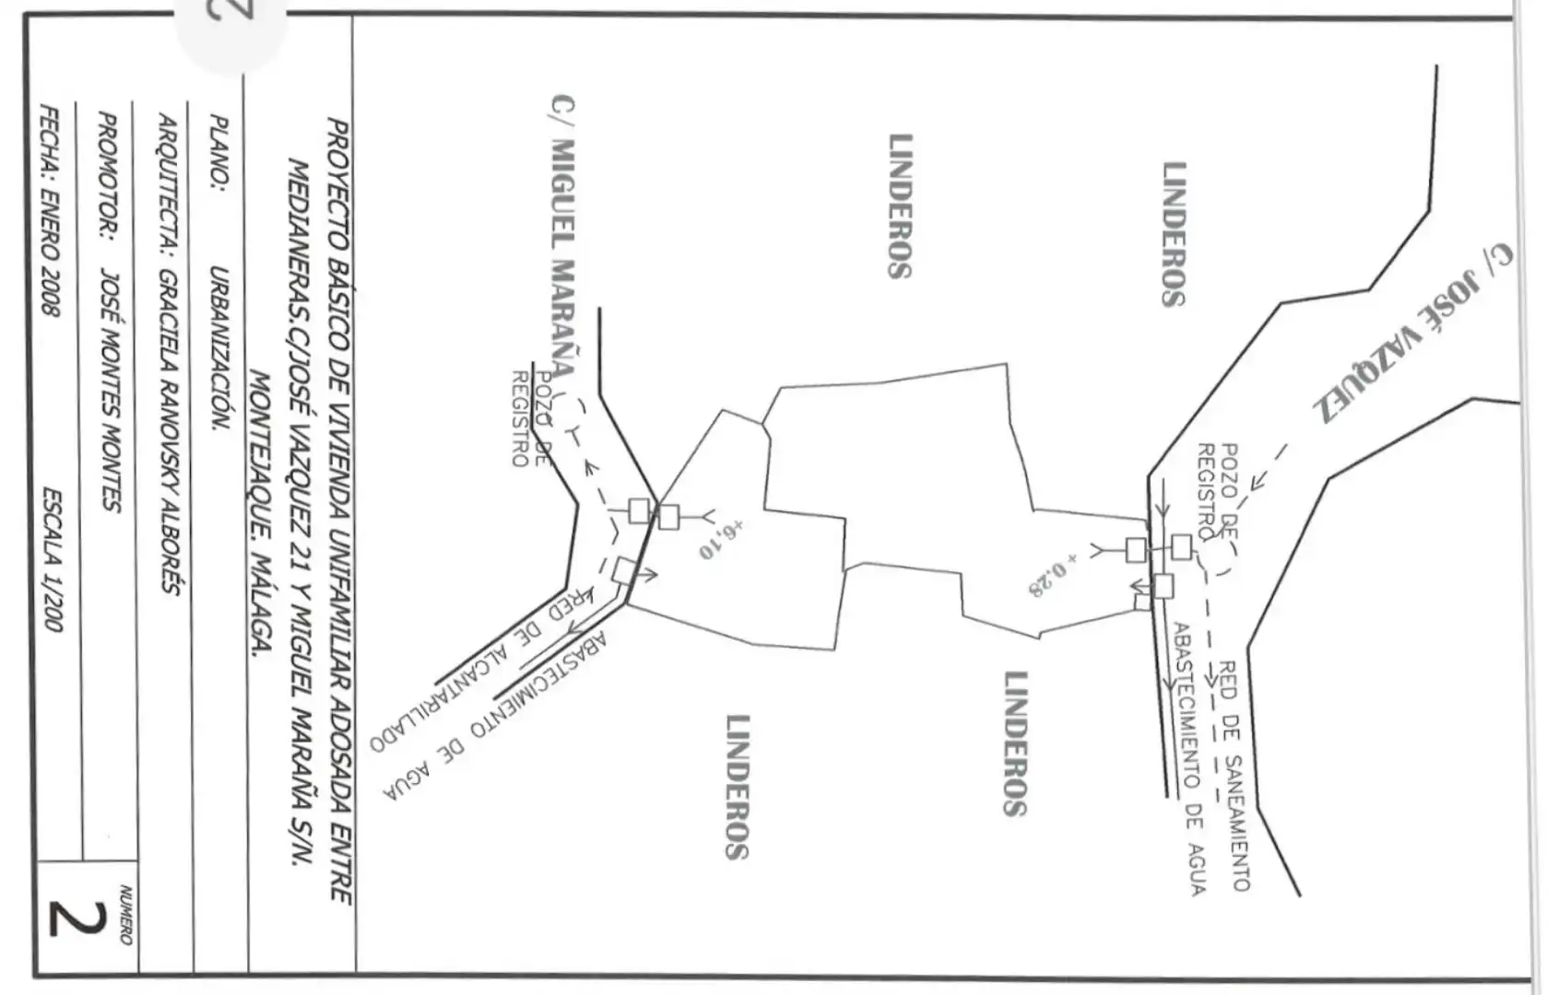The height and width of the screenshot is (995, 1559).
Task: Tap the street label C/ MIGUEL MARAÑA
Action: point(561,237)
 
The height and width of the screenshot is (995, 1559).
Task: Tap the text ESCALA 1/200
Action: point(53,560)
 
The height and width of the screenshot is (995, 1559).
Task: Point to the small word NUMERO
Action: point(125,914)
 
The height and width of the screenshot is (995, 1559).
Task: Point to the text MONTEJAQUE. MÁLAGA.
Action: point(259,515)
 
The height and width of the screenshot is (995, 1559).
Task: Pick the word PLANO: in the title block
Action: point(218,149)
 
